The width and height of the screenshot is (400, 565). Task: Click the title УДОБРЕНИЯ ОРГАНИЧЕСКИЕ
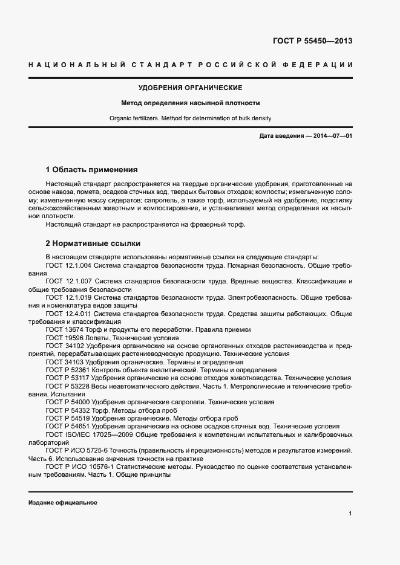(x=190, y=88)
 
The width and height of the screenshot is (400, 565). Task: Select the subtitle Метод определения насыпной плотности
(x=190, y=103)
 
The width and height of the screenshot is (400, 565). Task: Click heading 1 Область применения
(x=92, y=170)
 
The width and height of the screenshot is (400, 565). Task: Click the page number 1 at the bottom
(x=350, y=514)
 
